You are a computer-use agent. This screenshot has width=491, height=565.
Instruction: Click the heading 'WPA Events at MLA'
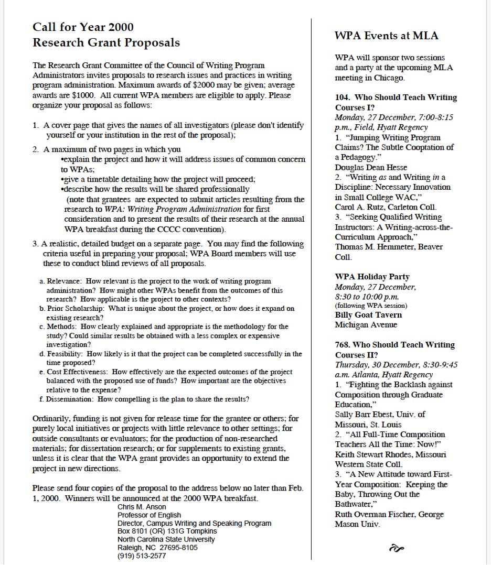(386, 36)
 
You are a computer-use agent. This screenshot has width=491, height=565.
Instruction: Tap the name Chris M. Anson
(142, 507)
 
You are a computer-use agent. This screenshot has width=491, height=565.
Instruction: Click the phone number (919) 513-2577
(142, 556)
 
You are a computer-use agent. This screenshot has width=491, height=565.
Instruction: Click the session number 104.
(342, 97)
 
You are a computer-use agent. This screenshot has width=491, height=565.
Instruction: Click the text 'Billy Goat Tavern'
(368, 315)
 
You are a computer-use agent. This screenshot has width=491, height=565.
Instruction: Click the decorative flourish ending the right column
(397, 548)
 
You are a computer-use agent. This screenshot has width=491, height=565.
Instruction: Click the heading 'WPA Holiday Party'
(372, 277)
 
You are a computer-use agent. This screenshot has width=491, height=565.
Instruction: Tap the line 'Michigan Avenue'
(366, 324)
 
